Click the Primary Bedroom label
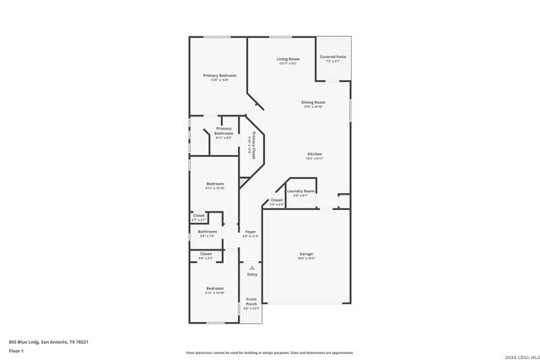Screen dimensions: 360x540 219,76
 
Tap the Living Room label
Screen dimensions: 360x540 288,59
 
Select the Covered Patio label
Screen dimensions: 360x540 333,56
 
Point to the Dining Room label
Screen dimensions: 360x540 313,103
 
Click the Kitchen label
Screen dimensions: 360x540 314,153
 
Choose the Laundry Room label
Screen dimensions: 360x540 300,191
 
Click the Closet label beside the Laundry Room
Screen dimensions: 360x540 276,201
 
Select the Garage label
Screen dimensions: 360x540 306,254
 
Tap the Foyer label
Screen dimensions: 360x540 251,232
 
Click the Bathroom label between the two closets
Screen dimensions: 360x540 208,232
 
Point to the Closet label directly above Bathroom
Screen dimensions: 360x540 198,216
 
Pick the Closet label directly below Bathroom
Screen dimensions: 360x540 206,253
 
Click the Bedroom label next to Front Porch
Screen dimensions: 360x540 215,289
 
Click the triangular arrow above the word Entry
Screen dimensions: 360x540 251,267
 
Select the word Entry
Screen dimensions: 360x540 251,274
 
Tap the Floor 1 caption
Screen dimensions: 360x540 17,349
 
